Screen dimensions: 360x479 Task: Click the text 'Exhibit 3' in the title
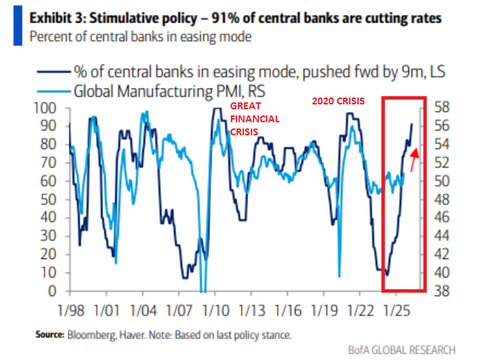click(56, 15)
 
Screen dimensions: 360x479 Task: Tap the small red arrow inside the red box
click(413, 161)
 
